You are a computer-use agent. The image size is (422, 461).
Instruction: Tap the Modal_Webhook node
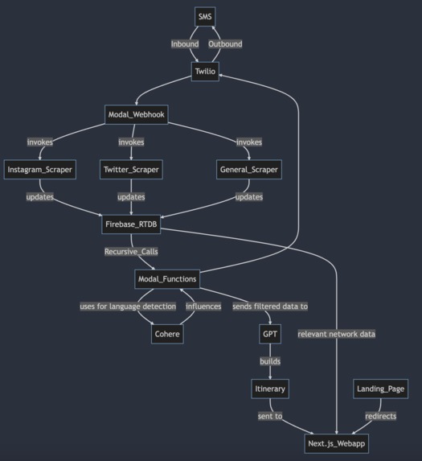(136, 115)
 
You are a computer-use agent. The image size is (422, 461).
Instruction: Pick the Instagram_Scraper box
(40, 170)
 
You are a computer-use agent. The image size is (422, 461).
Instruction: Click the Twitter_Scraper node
(131, 170)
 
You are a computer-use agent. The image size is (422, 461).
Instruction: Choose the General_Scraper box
(249, 170)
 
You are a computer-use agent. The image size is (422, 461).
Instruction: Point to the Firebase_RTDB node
(131, 224)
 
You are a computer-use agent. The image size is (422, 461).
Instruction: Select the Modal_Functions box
(167, 278)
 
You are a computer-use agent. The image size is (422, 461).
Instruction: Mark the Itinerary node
(270, 389)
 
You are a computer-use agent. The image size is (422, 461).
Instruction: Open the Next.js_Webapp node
(338, 443)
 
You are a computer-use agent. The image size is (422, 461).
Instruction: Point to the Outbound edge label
(225, 44)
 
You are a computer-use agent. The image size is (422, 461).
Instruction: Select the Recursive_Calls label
(131, 252)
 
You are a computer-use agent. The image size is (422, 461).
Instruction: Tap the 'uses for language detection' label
(128, 307)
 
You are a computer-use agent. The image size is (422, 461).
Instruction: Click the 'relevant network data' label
(336, 334)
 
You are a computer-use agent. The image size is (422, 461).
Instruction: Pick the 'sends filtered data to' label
(269, 307)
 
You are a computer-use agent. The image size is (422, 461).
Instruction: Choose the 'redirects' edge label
(380, 416)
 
